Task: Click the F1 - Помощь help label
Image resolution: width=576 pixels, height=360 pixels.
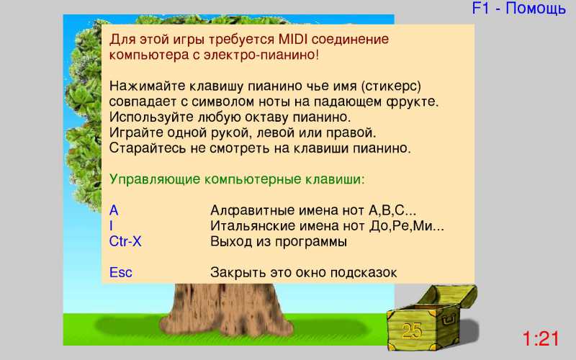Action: point(518,8)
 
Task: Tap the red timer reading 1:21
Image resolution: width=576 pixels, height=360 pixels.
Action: point(541,338)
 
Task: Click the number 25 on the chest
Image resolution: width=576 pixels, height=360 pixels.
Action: point(412,331)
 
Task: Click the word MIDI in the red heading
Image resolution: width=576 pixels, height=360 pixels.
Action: point(293,39)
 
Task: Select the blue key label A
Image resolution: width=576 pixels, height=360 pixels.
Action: point(114,210)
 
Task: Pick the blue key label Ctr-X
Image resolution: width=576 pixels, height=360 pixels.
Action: point(125,241)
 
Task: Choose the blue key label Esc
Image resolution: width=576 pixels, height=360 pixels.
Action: point(120,273)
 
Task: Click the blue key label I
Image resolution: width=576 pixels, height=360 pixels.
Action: point(112,226)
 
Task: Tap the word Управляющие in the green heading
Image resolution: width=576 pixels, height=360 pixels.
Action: point(155,179)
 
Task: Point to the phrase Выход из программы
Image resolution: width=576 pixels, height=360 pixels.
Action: point(279,242)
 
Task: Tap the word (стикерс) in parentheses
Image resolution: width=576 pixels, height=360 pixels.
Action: point(391,86)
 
